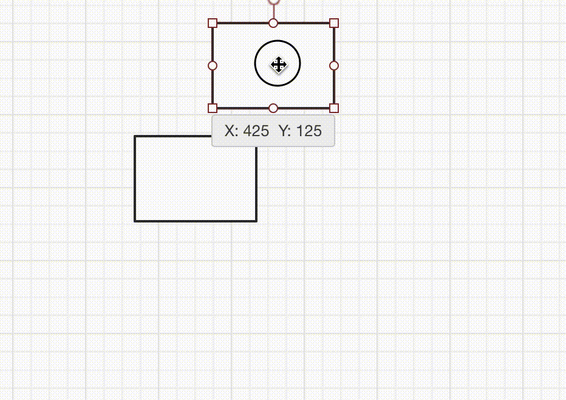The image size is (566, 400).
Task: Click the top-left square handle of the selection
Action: (213, 23)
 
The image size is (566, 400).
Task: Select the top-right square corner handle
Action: (334, 23)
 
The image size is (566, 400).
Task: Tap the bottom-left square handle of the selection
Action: (213, 108)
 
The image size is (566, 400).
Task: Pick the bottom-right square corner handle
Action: (334, 108)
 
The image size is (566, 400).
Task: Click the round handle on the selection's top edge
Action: (273, 23)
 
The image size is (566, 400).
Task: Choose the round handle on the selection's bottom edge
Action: (273, 108)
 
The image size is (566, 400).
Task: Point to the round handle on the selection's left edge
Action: (213, 66)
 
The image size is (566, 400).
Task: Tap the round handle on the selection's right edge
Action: (334, 66)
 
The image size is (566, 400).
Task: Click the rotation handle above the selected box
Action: (274, 1)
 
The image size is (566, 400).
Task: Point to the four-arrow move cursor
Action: (278, 64)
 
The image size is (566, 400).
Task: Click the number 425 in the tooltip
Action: (256, 131)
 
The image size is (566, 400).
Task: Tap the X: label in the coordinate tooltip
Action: (231, 131)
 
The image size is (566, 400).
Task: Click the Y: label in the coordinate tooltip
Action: (285, 131)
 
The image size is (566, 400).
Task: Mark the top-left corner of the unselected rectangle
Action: (135, 136)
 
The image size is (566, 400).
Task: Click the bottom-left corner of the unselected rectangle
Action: (135, 221)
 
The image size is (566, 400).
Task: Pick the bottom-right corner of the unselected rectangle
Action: (256, 221)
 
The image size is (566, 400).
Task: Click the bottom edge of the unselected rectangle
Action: (196, 221)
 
